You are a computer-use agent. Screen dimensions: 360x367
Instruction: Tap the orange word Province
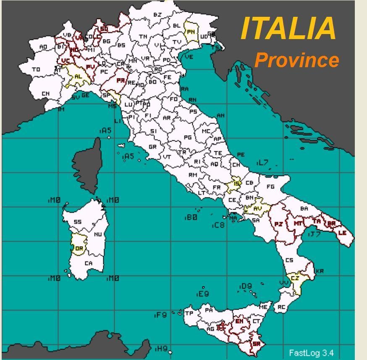coord(297,60)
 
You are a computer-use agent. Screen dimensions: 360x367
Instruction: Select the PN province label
coord(191,32)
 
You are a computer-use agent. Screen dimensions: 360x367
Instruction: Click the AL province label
coord(78,77)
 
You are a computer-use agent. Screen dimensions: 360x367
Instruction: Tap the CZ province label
coord(295,278)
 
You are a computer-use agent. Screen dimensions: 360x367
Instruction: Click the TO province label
coord(36,69)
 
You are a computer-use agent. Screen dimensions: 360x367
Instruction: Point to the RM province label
coord(193,174)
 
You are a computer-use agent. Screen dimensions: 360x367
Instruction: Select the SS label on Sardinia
coord(78,222)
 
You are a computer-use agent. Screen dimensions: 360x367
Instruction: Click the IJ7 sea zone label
coord(314,234)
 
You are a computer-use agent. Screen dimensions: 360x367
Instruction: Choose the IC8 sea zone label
coord(218,226)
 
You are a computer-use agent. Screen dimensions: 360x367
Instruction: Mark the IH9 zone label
coord(161,348)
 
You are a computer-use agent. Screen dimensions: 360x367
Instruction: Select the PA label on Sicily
coord(209,310)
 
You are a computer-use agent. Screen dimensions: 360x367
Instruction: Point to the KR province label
coord(320,271)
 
